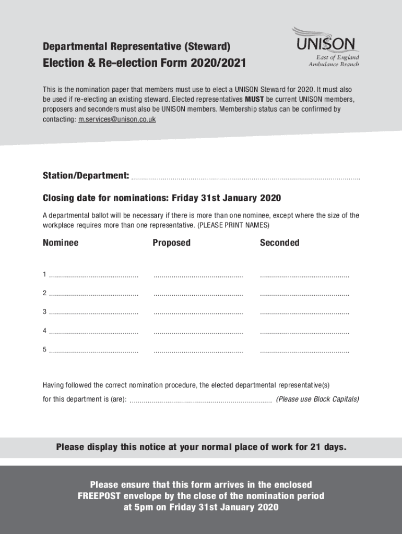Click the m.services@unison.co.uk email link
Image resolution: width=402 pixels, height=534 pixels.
(x=116, y=119)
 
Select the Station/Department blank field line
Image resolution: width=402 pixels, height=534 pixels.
(x=245, y=178)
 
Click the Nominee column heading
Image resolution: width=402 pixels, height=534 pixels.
(x=61, y=242)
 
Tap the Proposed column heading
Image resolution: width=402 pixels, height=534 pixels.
(x=171, y=242)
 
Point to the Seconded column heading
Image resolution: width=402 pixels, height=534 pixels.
(x=279, y=242)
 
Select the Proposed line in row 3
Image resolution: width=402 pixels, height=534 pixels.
(x=198, y=313)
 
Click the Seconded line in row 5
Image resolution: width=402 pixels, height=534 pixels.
(x=305, y=351)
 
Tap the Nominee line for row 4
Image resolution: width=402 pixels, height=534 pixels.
(x=94, y=332)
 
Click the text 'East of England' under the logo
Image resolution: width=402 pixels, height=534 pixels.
(x=337, y=57)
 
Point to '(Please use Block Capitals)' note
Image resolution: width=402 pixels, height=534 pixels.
(x=317, y=399)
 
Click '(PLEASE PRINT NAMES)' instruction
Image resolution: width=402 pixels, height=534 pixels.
(x=233, y=225)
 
